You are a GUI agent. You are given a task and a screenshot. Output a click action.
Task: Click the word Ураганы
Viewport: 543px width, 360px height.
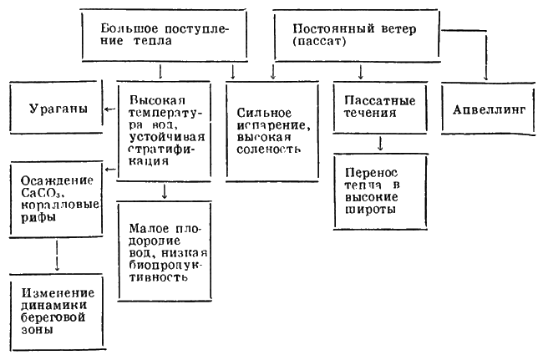point(54,111)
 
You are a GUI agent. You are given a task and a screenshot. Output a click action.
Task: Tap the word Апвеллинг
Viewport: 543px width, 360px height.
point(487,111)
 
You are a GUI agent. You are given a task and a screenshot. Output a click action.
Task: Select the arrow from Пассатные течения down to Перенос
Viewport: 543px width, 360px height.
point(380,143)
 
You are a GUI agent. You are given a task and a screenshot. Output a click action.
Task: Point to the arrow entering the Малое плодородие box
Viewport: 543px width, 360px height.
point(163,191)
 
